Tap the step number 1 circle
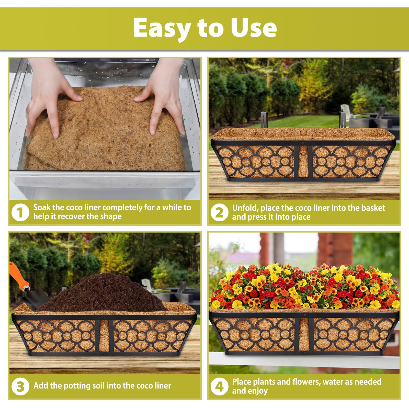[20, 212]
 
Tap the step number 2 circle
[219, 212]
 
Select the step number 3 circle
[20, 386]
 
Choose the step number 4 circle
[219, 386]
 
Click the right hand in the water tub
[164, 102]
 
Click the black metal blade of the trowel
[38, 297]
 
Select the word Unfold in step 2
[245, 208]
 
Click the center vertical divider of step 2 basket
[303, 162]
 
